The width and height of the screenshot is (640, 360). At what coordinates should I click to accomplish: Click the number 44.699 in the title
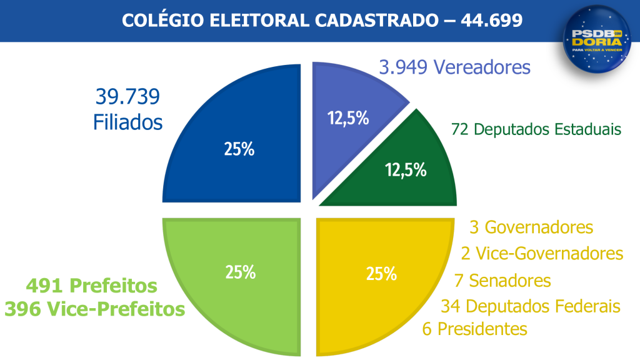492,20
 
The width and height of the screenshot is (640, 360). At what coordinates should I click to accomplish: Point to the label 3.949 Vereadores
455,67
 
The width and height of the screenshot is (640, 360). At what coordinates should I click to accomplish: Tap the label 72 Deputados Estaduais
536,129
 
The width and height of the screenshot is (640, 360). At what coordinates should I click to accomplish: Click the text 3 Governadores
530,227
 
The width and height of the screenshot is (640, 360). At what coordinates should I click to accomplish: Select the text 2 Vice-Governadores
542,253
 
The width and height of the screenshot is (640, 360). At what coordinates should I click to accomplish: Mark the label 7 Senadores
502,281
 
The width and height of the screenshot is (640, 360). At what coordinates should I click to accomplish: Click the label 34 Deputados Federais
530,306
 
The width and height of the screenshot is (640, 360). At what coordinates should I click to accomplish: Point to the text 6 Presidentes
475,329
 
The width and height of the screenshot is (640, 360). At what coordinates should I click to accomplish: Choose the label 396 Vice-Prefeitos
95,309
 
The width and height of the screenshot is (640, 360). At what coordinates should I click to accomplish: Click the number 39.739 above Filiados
127,97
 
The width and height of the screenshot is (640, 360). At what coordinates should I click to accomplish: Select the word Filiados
128,122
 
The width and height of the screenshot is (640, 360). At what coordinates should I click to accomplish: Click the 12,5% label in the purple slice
349,117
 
